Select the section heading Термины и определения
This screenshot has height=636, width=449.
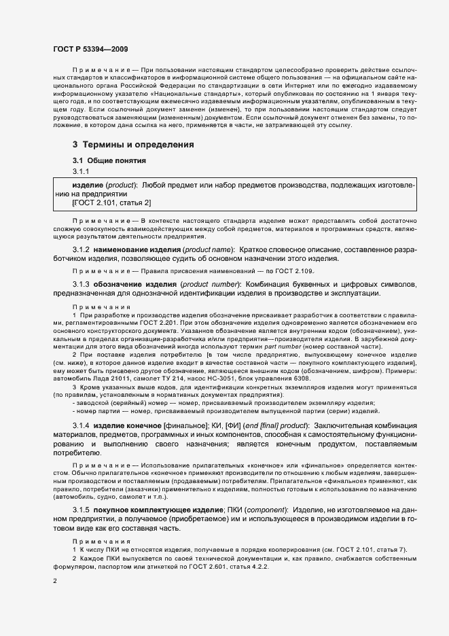[133, 145]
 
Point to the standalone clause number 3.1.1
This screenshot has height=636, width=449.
[82, 171]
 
